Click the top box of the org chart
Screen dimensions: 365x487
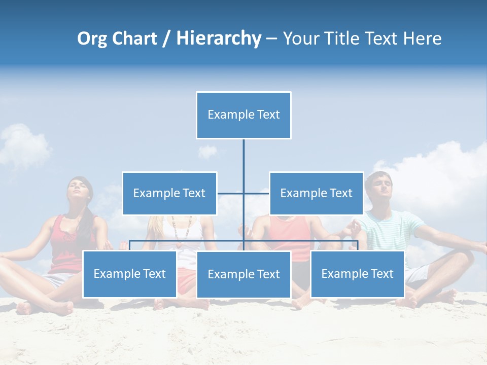243,115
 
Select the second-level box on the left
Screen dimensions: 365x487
169,193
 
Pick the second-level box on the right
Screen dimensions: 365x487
316,193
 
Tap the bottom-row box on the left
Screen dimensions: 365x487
129,274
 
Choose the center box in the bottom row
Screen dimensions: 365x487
243,274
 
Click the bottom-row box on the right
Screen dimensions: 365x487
357,274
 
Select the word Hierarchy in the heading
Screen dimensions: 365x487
218,39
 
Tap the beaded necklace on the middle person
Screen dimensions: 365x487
181,228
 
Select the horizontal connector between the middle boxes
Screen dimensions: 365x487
243,193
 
